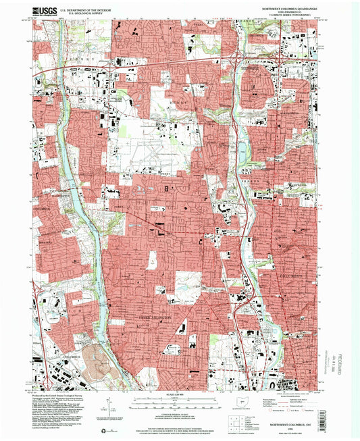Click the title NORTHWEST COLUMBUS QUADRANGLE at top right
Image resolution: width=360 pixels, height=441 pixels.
(x=284, y=8)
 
